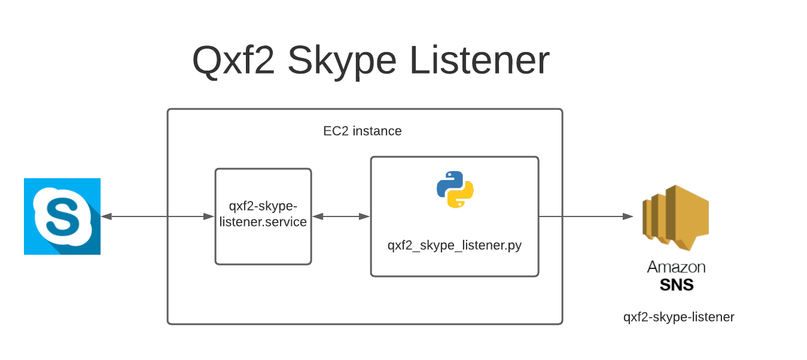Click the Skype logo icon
click(x=62, y=216)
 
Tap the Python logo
click(x=455, y=190)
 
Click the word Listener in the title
click(x=479, y=60)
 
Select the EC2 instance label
click(x=363, y=131)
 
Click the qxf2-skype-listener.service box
click(x=263, y=216)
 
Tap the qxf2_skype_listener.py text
click(x=455, y=245)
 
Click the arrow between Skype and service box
click(x=158, y=216)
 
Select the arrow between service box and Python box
click(x=341, y=216)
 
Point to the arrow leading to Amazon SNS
click(x=586, y=216)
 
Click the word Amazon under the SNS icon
click(x=676, y=267)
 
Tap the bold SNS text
click(x=676, y=285)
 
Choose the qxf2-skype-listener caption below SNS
click(x=678, y=317)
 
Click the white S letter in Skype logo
click(x=62, y=216)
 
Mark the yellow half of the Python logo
click(x=462, y=197)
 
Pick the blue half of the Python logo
click(x=448, y=182)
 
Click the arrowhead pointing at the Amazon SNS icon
click(x=628, y=216)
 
